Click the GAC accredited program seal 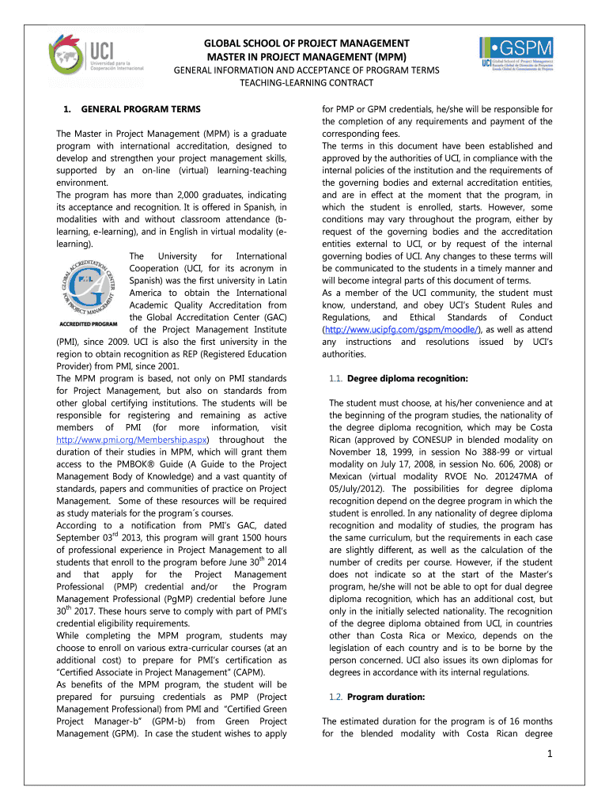point(89,284)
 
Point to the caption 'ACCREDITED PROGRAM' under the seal point(89,324)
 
